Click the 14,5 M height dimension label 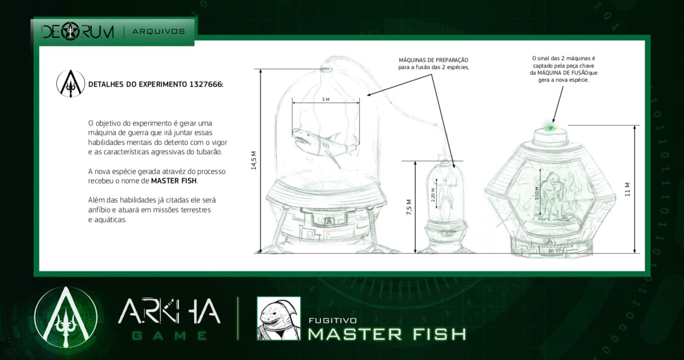(254, 161)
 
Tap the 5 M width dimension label (326, 99)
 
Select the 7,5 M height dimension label (409, 207)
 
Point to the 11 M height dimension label (627, 190)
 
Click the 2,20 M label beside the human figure (433, 195)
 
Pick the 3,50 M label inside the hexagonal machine (537, 193)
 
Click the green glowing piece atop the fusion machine (550, 127)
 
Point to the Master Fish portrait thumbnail (278, 318)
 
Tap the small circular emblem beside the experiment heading (71, 83)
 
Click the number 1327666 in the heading (205, 84)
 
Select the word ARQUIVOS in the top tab (159, 31)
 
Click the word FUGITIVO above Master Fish (333, 321)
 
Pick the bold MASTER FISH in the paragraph (174, 181)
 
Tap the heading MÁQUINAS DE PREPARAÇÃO (433, 60)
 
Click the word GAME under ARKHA (170, 336)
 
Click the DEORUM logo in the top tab (78, 31)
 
